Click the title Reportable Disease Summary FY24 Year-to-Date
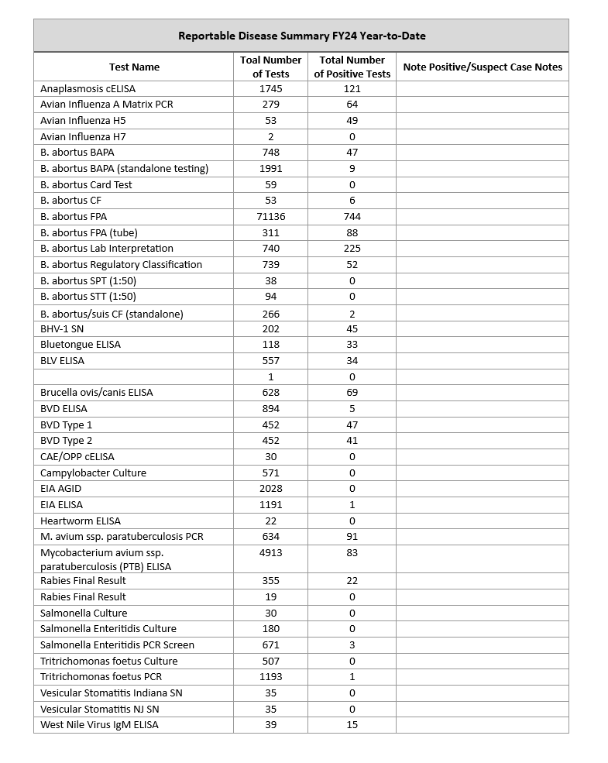click(301, 36)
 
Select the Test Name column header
click(134, 67)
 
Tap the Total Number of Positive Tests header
click(352, 67)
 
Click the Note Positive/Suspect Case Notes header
click(483, 67)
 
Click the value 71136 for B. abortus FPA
click(270, 216)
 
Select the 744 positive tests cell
click(352, 216)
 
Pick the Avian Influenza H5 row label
click(83, 120)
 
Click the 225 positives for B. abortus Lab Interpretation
click(352, 248)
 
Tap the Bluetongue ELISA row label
click(81, 344)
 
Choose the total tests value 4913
click(270, 552)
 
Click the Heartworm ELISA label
click(81, 521)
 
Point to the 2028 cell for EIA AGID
click(270, 489)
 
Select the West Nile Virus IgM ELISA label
click(99, 724)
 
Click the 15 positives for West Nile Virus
click(352, 724)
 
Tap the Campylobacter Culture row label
click(93, 473)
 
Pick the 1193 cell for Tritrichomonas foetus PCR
click(270, 676)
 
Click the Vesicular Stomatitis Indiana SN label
click(112, 693)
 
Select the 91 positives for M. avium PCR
click(352, 536)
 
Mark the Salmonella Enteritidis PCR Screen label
click(117, 644)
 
